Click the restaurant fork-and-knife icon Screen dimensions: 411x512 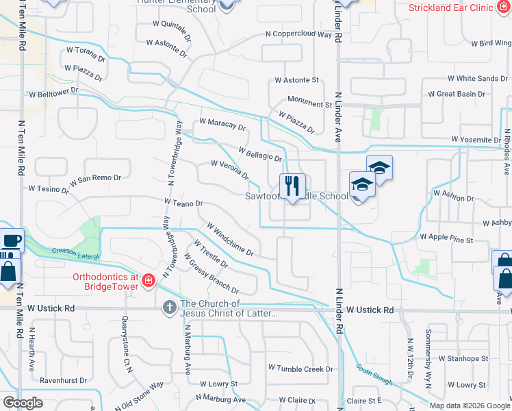click(292, 186)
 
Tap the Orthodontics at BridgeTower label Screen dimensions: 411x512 click(106, 282)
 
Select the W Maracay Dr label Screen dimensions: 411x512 click(222, 125)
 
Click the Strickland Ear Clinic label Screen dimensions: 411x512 click(459, 8)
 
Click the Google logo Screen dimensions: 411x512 click(23, 402)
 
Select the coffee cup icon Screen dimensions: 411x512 click(12, 241)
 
